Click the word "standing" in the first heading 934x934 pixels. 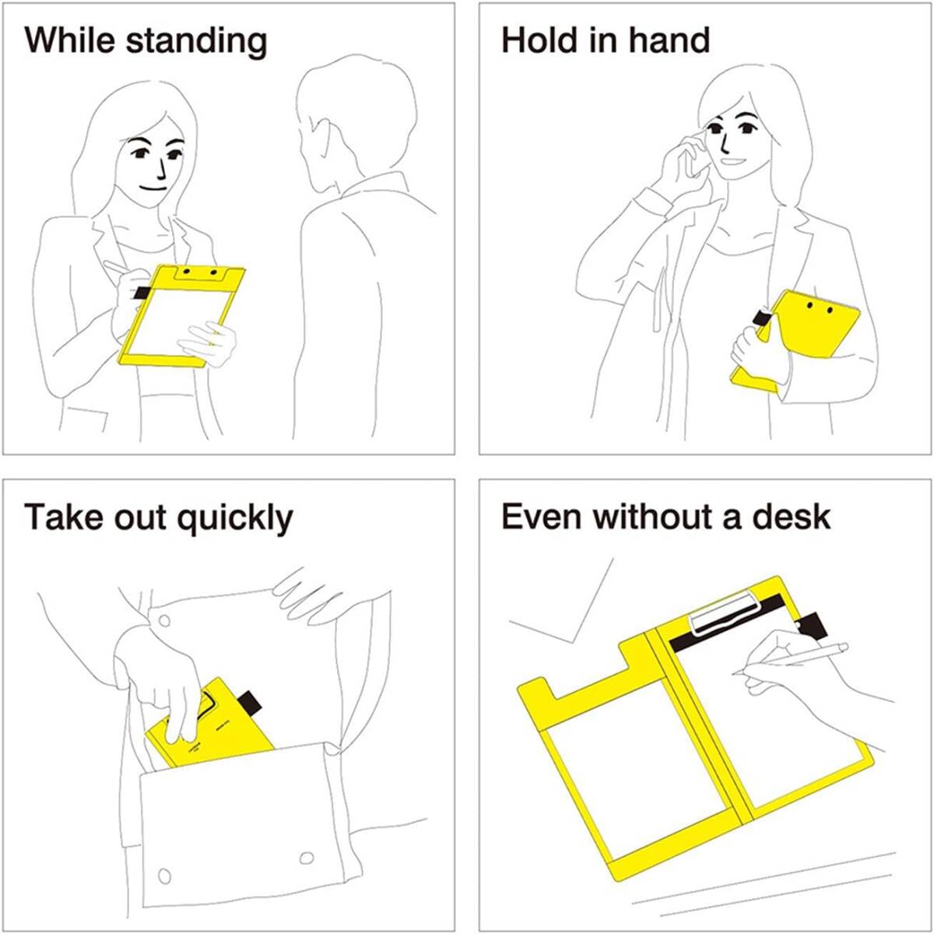pos(196,41)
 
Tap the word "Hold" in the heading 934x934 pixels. pos(539,40)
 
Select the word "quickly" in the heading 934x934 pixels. pos(234,518)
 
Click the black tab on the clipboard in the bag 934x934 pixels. pos(249,702)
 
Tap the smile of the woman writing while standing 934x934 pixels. pos(153,188)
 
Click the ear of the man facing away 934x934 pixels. pos(322,142)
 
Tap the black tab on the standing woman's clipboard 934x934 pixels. pos(142,293)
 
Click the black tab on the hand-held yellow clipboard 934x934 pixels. pos(763,318)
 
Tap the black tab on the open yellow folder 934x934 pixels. pos(813,626)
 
